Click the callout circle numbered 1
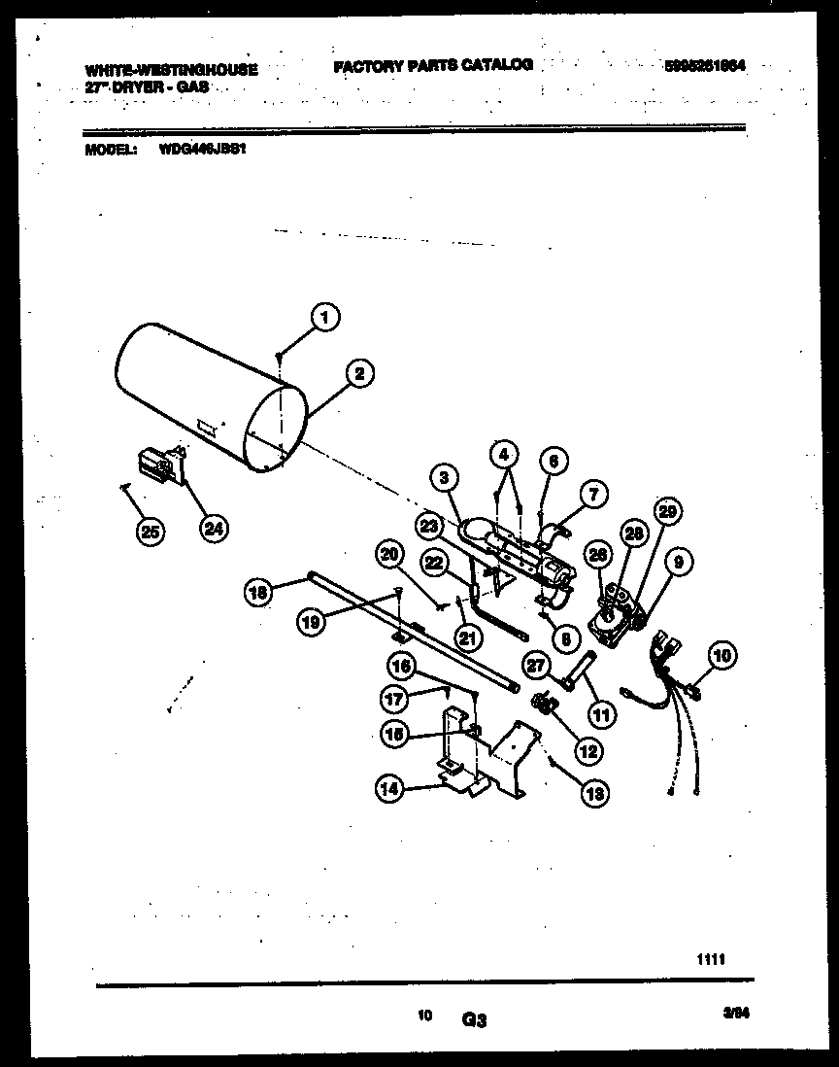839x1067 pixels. click(326, 317)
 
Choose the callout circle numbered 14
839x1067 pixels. click(390, 790)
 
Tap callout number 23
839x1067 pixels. click(430, 525)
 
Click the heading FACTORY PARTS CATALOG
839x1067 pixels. click(432, 65)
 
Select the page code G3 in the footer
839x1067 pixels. click(473, 1020)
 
